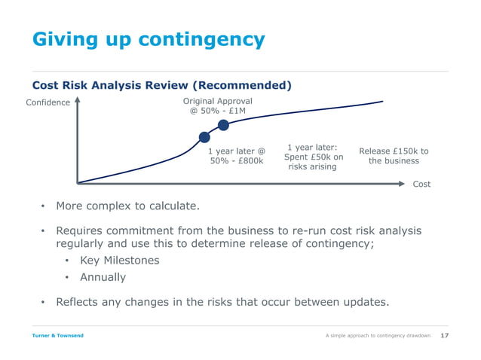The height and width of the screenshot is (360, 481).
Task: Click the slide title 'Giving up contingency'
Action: (148, 39)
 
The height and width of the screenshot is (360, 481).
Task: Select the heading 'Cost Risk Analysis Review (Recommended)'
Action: (161, 85)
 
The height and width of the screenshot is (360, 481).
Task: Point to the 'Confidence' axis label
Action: (48, 102)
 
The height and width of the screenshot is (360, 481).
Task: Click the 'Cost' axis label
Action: (421, 184)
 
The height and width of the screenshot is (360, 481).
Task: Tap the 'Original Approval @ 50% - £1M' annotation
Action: (218, 106)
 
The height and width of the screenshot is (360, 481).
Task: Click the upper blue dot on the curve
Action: (223, 125)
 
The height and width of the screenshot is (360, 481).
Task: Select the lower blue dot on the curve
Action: (204, 137)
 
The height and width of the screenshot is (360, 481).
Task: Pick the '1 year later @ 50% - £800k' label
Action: (236, 156)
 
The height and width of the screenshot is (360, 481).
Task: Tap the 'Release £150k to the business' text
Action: (394, 156)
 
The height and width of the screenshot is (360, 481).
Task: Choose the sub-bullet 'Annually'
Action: (103, 277)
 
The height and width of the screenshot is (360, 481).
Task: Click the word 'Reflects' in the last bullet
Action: (81, 302)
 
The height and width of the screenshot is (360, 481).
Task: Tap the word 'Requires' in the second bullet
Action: (82, 230)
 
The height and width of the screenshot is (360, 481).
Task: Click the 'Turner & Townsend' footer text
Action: (57, 335)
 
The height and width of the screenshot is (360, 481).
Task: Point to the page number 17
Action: (444, 335)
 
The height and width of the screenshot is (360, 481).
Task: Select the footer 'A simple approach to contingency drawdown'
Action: (378, 335)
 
